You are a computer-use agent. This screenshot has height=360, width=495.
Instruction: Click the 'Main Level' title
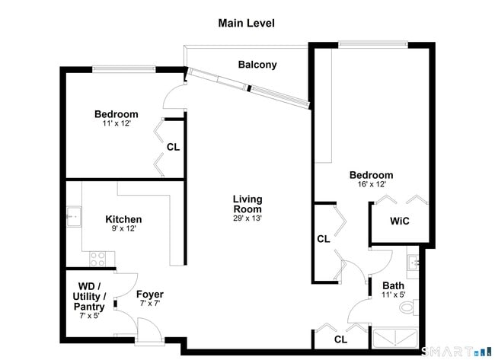coord(246,23)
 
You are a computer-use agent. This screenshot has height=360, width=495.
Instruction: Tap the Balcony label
coord(257,65)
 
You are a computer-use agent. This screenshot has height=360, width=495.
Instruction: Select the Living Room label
coord(247,204)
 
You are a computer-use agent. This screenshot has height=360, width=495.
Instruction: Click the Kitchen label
coord(123,219)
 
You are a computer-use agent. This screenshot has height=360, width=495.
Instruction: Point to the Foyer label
coord(150,295)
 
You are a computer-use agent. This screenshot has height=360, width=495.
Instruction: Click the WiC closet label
coord(400,221)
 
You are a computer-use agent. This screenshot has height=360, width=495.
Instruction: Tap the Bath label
coord(393,285)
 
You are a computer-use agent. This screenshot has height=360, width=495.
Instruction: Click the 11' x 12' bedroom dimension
coord(117,123)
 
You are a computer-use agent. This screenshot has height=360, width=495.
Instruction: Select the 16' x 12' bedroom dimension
coord(371,184)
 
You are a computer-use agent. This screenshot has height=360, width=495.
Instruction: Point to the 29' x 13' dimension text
coord(247,218)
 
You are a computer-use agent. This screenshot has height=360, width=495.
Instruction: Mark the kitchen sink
coord(74,217)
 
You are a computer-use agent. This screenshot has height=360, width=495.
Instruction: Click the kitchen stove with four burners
coord(99,258)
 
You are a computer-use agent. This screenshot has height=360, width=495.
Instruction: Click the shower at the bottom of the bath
coord(394,338)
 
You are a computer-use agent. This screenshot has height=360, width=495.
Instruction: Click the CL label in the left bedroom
coord(173,147)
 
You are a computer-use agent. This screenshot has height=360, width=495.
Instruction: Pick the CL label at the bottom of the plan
coord(340,339)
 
